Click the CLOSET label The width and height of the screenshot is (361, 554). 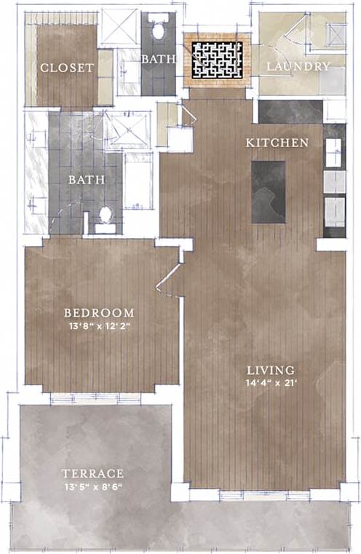pyautogui.click(x=67, y=68)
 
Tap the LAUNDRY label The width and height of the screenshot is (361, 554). pyautogui.click(x=298, y=66)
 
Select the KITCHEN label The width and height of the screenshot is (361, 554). pyautogui.click(x=277, y=143)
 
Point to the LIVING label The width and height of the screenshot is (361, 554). pyautogui.click(x=269, y=370)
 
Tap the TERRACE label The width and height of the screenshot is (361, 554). pyautogui.click(x=92, y=473)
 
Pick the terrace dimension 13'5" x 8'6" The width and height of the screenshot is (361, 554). pyautogui.click(x=92, y=486)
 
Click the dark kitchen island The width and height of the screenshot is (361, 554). pyautogui.click(x=269, y=192)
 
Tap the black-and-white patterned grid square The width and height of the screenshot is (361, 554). pyautogui.click(x=216, y=60)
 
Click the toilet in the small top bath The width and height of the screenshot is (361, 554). pyautogui.click(x=158, y=31)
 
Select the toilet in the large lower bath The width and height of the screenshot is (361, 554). pyautogui.click(x=105, y=216)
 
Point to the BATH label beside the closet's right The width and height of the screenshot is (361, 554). pyautogui.click(x=157, y=59)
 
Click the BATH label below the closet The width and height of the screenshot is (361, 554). pyautogui.click(x=87, y=179)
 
